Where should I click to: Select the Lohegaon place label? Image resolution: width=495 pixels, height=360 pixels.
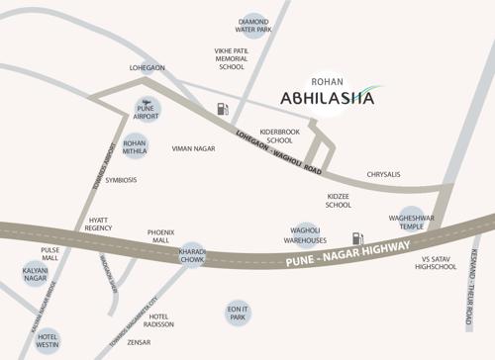[148, 68]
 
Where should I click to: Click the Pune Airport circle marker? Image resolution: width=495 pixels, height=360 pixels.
[147, 109]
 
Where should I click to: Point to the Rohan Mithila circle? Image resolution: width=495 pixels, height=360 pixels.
[135, 147]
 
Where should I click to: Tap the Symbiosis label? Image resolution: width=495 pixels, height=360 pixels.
[121, 180]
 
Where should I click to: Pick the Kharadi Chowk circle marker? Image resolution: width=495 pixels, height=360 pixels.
[191, 256]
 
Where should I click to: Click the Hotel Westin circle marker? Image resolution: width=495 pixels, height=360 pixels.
[48, 339]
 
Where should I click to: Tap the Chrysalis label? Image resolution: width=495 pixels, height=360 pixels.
[383, 174]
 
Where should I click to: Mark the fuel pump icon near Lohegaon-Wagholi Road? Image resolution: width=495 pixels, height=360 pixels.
[223, 110]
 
